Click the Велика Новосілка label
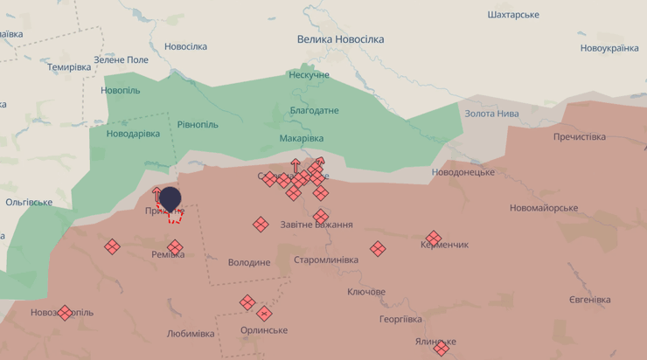coord(340,39)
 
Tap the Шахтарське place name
coord(513,15)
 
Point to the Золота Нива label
coord(491,114)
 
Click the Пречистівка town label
coord(579,137)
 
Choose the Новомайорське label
coord(544,208)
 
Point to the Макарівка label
coord(302,139)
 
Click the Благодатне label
coord(314,111)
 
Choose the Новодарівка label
coord(133,134)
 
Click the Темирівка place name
coord(69,67)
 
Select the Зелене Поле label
coord(122,59)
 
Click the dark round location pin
coord(170,200)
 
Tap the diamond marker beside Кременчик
coord(434,239)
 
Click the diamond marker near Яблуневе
coord(442,349)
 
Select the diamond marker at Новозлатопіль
coord(65,313)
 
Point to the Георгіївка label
coord(400,319)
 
